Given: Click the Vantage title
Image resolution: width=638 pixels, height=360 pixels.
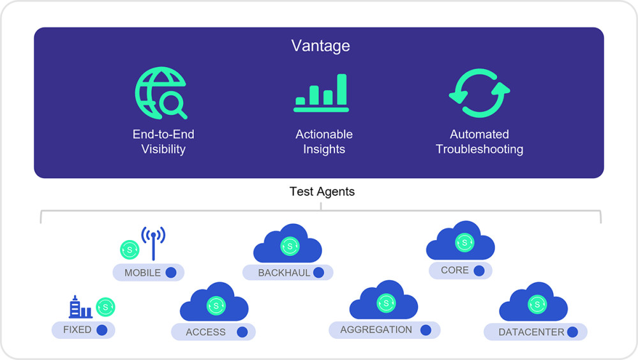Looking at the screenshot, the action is (x=321, y=45).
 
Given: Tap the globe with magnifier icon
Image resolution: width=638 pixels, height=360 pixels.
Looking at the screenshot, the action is (x=161, y=93).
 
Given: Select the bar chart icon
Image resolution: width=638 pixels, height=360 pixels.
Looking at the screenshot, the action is (x=321, y=93).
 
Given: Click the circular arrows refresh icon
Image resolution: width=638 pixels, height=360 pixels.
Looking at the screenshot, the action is (x=479, y=93).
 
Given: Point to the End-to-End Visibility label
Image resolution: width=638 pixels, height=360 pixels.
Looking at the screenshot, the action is (x=163, y=141).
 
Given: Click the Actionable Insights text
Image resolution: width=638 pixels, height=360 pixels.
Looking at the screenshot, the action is (x=324, y=141).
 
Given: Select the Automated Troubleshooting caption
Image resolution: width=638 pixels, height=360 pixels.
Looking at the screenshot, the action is (x=479, y=141).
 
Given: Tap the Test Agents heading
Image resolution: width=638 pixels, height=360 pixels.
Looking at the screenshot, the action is (x=322, y=191).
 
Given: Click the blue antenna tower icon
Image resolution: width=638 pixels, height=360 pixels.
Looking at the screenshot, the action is (x=153, y=243).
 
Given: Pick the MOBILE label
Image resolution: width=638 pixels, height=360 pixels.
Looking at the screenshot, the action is (x=142, y=273).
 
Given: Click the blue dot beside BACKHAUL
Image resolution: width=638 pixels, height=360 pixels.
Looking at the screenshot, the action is (x=318, y=273).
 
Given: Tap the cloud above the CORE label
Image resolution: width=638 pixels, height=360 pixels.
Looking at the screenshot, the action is (x=461, y=241).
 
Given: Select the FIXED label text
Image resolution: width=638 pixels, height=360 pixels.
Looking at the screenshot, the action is (x=77, y=329).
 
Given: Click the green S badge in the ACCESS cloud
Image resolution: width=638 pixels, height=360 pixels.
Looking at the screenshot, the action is (x=216, y=306).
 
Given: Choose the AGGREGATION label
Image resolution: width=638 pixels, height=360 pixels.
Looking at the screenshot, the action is (x=376, y=329).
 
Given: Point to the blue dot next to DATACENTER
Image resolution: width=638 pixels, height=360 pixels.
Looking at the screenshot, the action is (x=572, y=332).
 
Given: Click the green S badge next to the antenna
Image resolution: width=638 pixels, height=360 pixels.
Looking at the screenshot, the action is (x=130, y=250).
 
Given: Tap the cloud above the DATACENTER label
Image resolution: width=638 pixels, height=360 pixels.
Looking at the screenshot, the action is (x=533, y=301).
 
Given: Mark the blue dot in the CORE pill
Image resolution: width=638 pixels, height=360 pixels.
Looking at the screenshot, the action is (x=479, y=271).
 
